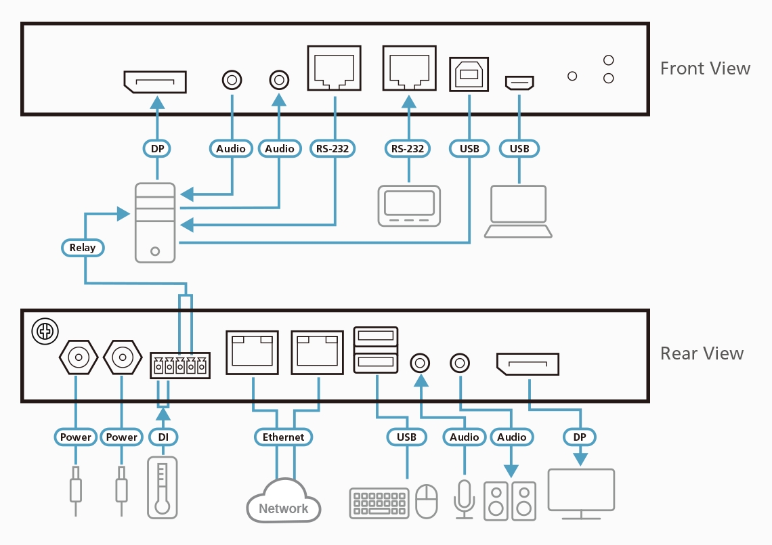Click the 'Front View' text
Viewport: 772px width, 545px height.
[705, 68]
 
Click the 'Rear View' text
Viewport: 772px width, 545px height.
[702, 353]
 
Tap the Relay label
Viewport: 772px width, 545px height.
[83, 248]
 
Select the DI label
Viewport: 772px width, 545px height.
[163, 437]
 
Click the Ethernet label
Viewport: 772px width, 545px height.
[284, 437]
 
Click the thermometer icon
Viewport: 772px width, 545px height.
[162, 487]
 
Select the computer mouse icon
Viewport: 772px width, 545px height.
[427, 502]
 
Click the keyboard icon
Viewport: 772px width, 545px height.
[379, 503]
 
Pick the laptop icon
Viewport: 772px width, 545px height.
[519, 212]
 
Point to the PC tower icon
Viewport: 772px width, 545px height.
[155, 222]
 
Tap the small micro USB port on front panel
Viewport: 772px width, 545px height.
[519, 83]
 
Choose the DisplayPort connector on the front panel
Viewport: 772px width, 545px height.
[155, 82]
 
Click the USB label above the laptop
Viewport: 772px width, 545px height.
[519, 148]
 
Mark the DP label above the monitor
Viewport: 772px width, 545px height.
[580, 437]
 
